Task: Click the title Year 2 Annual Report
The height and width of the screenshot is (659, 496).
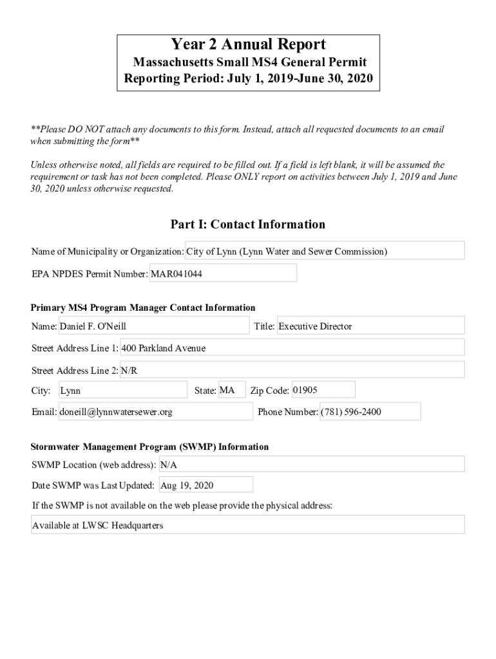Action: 248,44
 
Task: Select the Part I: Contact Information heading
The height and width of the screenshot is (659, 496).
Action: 248,225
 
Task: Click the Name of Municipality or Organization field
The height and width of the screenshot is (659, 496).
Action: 325,251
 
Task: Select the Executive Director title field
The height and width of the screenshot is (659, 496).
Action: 370,326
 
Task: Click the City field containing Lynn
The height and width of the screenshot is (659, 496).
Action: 122,390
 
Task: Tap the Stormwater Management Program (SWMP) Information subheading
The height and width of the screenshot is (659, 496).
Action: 150,447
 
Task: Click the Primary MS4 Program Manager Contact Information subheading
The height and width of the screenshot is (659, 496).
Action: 144,308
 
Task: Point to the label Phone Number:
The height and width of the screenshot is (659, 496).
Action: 288,412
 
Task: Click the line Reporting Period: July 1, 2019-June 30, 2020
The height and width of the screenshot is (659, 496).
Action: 248,80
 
